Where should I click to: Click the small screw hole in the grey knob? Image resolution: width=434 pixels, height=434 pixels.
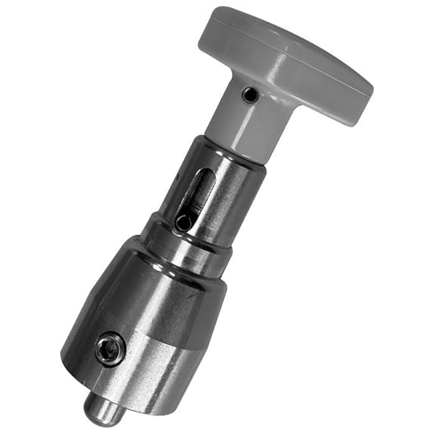click(249, 94)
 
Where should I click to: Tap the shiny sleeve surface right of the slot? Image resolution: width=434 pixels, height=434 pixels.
click(232, 198)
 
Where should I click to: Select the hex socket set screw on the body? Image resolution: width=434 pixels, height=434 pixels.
click(110, 349)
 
